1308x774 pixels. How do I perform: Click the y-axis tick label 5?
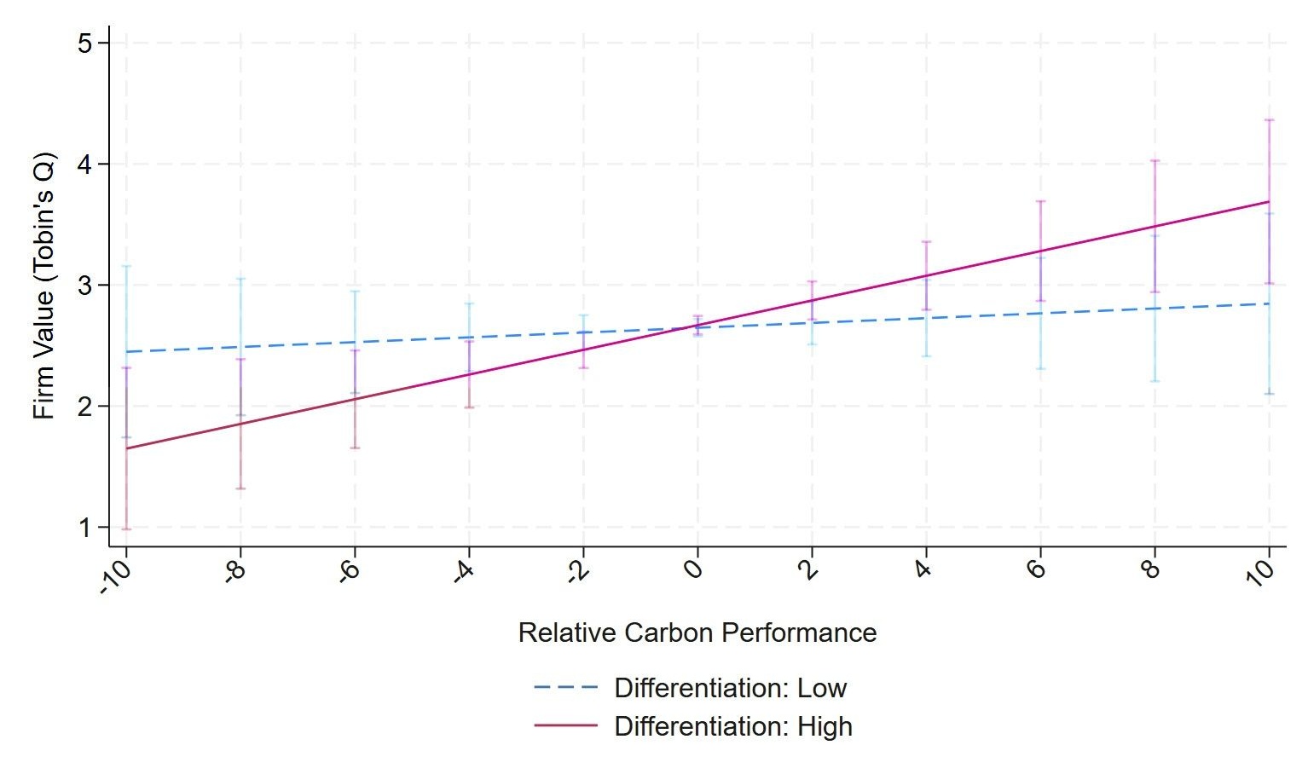coord(85,43)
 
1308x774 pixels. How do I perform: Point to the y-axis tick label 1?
coord(85,528)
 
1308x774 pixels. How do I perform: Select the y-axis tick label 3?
coord(85,285)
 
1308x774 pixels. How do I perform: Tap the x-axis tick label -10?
coord(115,576)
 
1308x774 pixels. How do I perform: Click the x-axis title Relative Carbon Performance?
coord(697,632)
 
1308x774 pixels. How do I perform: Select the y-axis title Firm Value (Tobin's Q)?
coord(43,286)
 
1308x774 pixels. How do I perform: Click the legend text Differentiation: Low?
coord(730,688)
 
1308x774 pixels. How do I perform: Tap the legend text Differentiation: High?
coord(732,726)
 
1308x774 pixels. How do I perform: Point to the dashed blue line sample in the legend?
coord(565,688)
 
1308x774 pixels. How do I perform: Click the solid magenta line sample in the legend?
coord(565,726)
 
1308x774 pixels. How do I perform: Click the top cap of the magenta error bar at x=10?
coord(1269,120)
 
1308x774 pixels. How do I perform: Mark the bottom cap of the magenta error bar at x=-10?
coord(126,529)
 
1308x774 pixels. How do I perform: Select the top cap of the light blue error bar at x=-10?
coord(126,267)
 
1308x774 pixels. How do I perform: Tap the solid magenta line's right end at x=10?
coord(1269,202)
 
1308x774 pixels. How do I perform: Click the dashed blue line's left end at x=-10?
coord(126,351)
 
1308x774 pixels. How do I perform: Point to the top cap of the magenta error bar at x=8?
coord(1155,160)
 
